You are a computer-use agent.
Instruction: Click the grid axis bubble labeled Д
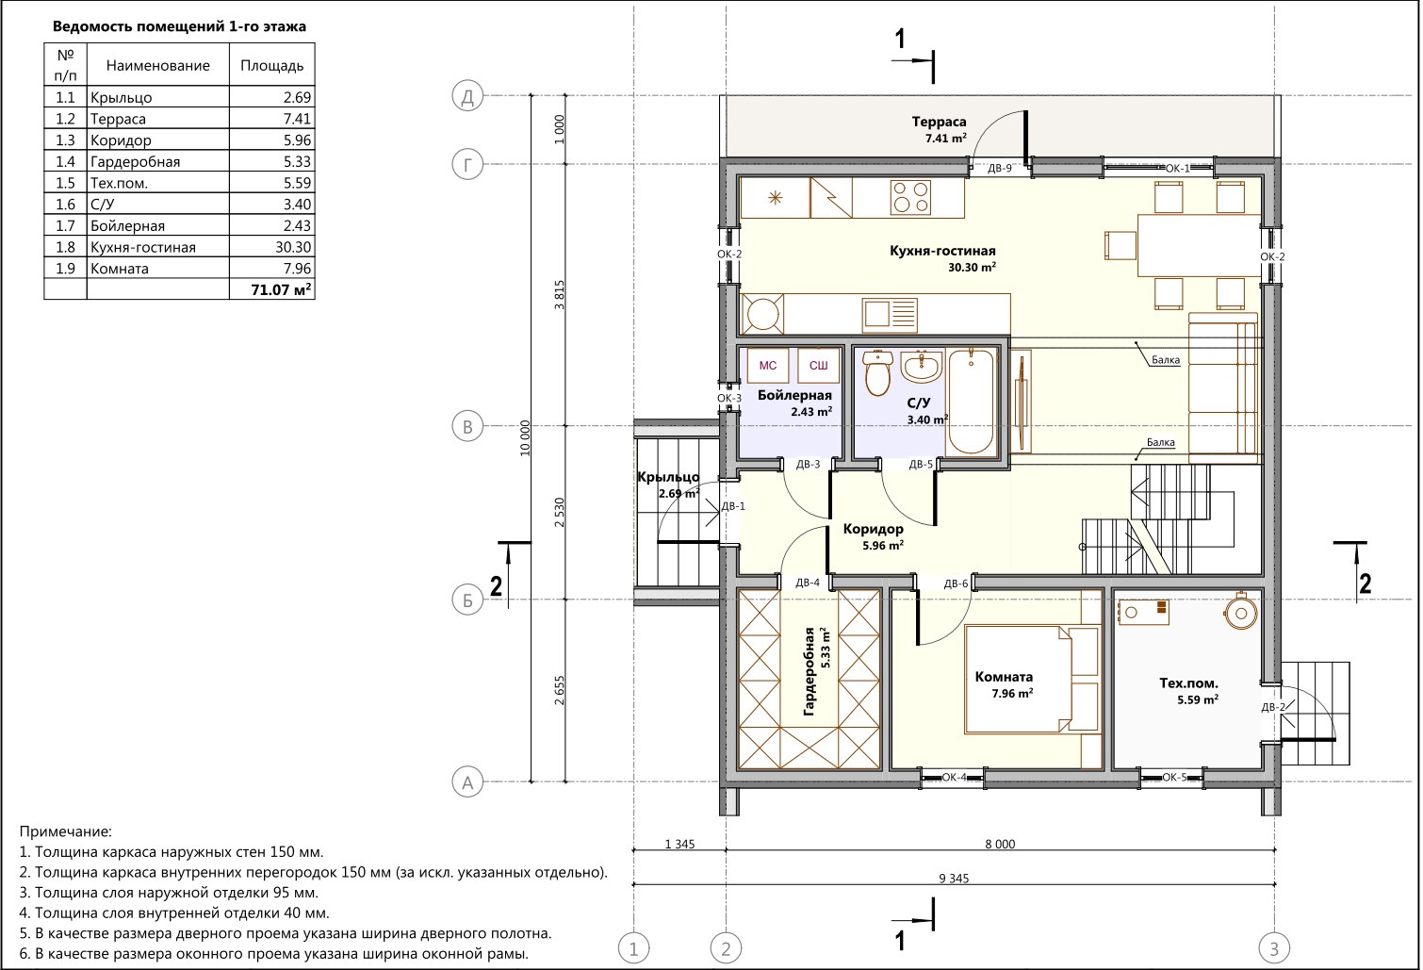(x=466, y=96)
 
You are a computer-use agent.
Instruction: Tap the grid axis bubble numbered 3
(x=1274, y=948)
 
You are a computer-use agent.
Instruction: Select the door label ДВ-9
(x=999, y=169)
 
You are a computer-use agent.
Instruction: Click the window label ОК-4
(x=954, y=777)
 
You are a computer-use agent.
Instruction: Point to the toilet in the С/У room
(x=878, y=372)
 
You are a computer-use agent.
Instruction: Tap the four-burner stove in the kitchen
(x=910, y=197)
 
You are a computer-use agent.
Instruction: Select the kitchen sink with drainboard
(x=890, y=315)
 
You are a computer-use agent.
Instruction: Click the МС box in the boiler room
(x=767, y=366)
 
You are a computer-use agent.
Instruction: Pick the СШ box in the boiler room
(x=818, y=366)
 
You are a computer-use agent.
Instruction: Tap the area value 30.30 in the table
(x=293, y=247)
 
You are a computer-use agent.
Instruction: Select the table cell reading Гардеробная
(x=136, y=162)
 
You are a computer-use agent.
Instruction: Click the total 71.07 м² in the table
(x=281, y=289)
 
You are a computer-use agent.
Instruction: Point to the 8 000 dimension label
(x=1000, y=844)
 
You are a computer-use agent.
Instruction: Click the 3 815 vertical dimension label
(x=559, y=295)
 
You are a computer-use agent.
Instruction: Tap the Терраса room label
(x=939, y=122)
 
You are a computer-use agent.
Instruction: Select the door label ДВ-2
(x=1273, y=707)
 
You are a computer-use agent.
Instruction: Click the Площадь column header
(x=272, y=65)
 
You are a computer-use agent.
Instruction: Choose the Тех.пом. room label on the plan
(x=1188, y=683)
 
